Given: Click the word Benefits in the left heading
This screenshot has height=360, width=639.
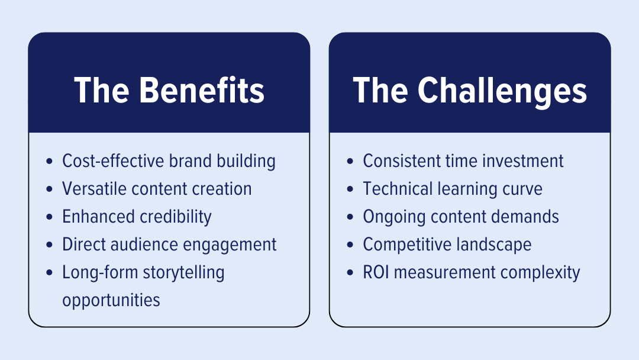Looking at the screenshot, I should tap(202, 91).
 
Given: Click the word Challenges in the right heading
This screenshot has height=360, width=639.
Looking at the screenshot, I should tap(502, 91).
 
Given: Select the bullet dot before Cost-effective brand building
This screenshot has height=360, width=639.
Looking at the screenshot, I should tap(49, 162).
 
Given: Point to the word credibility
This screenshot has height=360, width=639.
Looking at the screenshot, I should tap(176, 217).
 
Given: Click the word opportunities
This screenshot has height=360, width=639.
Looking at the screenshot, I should tap(111, 300).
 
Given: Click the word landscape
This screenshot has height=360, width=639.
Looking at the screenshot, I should tap(498, 245).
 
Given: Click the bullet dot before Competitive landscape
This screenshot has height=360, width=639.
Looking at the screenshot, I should tap(350, 245).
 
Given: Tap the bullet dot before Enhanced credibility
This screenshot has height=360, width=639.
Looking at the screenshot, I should tap(49, 217).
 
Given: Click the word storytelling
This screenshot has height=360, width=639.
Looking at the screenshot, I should tap(183, 272).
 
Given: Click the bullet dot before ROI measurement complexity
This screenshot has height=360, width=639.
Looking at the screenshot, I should tap(350, 273).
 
